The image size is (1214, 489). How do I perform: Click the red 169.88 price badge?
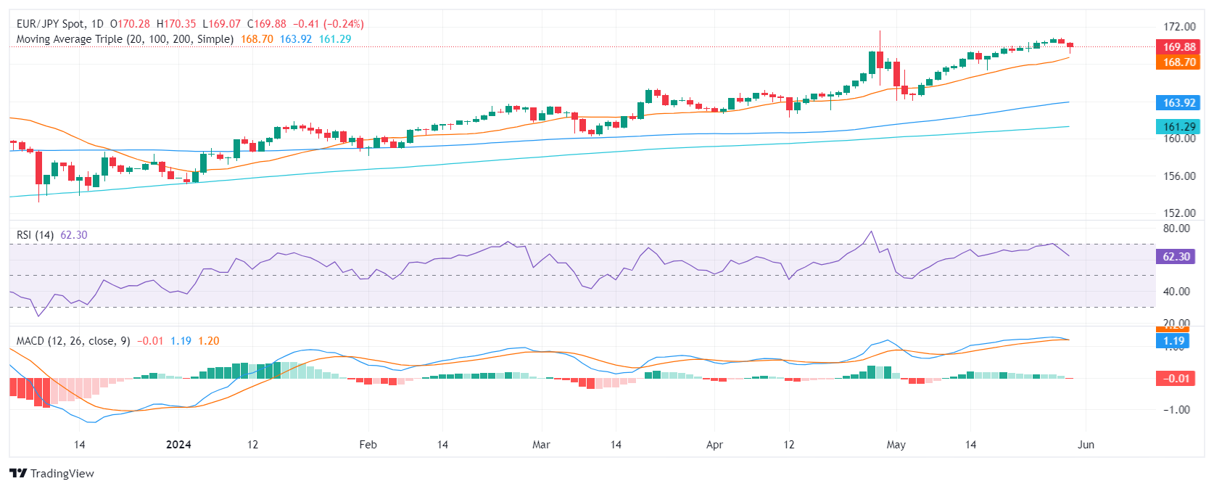tap(1178, 47)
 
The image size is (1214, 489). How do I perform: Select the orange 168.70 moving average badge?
tap(1178, 62)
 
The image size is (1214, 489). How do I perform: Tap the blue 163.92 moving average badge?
tap(1178, 103)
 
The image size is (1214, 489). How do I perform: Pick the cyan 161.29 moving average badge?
tap(1178, 127)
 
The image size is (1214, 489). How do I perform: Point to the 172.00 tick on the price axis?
tap(1179, 27)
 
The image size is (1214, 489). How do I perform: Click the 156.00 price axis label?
tap(1179, 176)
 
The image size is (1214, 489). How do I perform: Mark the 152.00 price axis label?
tap(1179, 213)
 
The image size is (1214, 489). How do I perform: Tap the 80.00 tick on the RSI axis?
tap(1176, 229)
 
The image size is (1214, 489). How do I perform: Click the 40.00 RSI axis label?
tap(1176, 292)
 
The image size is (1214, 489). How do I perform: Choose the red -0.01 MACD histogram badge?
tap(1176, 378)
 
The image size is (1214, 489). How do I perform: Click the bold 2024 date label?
tap(178, 445)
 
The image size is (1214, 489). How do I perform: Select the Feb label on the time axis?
tap(368, 445)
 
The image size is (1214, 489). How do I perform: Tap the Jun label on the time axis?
tap(1086, 445)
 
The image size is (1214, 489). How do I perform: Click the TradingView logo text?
tap(62, 474)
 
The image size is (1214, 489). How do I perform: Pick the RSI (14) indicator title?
tap(35, 235)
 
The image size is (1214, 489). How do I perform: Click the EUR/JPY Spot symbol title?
tap(50, 24)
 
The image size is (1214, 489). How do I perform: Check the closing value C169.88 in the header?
tap(266, 24)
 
